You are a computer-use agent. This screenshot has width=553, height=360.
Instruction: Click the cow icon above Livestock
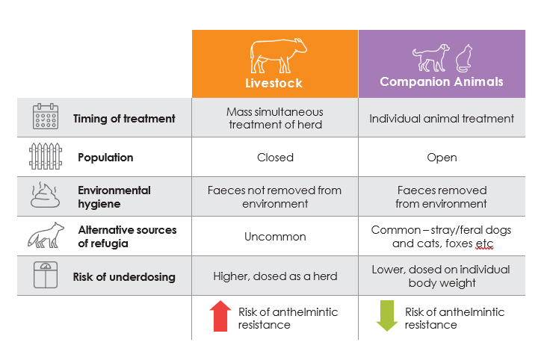tap(278, 55)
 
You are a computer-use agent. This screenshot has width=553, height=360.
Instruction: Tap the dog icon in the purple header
tap(431, 58)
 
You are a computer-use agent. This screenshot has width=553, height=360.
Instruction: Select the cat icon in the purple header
tap(464, 58)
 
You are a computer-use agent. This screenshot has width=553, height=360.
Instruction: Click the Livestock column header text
tap(274, 83)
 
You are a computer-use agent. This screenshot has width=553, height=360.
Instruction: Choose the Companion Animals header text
tap(442, 82)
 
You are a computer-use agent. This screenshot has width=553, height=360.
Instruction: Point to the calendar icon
tap(46, 117)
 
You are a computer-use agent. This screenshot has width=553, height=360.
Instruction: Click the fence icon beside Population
tap(46, 156)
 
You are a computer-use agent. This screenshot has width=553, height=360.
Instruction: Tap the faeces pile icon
tap(45, 195)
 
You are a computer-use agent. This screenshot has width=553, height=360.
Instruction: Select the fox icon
tap(46, 235)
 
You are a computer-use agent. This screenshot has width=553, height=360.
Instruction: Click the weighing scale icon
tap(46, 275)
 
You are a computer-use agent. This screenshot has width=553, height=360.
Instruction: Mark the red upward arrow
tap(220, 316)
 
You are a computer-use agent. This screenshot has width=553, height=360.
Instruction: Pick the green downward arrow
tap(387, 316)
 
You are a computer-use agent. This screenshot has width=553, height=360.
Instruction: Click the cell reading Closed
tap(275, 158)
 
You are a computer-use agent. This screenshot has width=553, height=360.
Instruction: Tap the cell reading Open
tap(442, 158)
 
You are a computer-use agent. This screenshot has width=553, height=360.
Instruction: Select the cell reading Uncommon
tap(275, 237)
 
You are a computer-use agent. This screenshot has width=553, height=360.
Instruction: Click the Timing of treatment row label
tap(124, 119)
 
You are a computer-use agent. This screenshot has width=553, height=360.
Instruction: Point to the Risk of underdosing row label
tap(124, 277)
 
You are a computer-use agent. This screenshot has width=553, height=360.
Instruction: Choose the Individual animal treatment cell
tap(442, 119)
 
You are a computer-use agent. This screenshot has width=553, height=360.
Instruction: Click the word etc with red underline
tap(484, 243)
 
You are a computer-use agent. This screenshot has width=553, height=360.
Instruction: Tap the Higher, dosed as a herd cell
tap(275, 276)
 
